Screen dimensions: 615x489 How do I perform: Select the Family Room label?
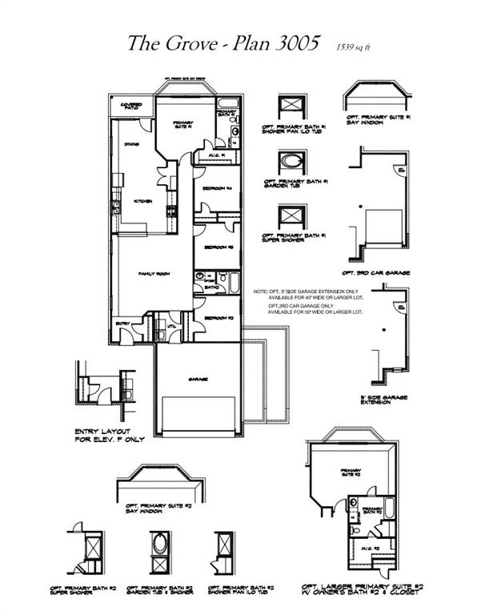pyautogui.click(x=152, y=274)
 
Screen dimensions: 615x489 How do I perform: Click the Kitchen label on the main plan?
pyautogui.click(x=143, y=201)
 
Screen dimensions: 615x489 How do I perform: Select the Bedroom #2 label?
pyautogui.click(x=216, y=319)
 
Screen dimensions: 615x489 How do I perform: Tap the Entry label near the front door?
pyautogui.click(x=123, y=324)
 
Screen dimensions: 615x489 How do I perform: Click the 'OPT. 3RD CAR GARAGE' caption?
pyautogui.click(x=376, y=273)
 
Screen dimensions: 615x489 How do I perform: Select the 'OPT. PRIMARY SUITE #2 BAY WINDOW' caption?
pyautogui.click(x=159, y=509)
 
